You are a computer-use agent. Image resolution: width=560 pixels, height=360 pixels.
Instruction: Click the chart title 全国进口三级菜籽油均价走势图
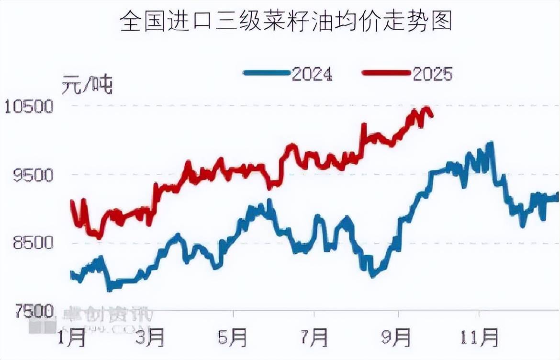286,22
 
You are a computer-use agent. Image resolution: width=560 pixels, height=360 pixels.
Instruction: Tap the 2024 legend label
312,74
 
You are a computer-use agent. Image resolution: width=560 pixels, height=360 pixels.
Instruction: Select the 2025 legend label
432,74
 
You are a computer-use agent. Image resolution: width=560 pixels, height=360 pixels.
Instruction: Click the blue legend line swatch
267,73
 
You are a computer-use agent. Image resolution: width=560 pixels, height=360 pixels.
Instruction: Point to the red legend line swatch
386,73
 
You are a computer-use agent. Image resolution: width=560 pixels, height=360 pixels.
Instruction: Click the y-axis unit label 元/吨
87,85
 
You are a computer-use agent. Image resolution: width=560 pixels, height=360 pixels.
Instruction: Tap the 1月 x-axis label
71,337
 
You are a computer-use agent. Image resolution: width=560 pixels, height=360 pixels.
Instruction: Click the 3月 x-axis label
151,337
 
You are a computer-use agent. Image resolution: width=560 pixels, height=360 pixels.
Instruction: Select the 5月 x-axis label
233,337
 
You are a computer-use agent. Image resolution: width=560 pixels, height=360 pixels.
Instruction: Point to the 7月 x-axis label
314,337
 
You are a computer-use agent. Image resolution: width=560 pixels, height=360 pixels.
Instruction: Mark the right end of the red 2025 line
432,115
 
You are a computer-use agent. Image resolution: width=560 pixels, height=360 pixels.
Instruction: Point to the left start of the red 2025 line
72,201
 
